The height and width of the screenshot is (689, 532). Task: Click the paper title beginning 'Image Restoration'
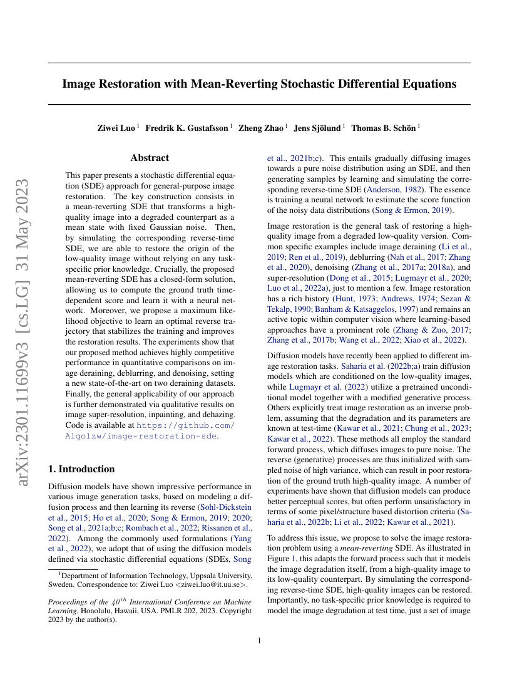[x=259, y=83]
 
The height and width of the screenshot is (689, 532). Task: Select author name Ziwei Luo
[x=116, y=128]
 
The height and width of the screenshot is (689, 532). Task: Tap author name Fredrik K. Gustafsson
[x=187, y=128]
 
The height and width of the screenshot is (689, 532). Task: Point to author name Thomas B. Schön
[x=384, y=128]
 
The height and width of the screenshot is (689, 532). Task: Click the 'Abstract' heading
[x=150, y=158]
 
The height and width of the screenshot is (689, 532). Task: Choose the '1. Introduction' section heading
[x=81, y=469]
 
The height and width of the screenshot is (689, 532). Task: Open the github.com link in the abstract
[x=186, y=425]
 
